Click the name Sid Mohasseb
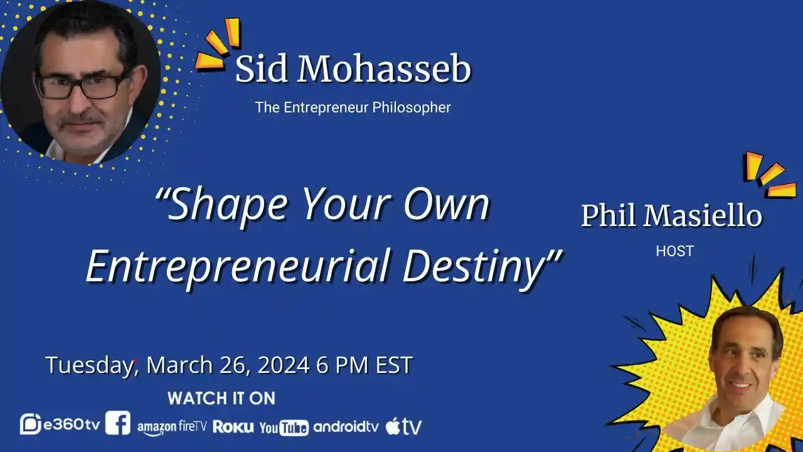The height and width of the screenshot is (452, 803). (x=353, y=70)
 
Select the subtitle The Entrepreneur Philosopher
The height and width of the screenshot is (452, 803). (x=353, y=107)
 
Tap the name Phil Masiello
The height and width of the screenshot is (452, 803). (x=671, y=217)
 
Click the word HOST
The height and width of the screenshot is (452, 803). (x=674, y=251)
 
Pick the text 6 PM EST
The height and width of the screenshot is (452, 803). (x=364, y=365)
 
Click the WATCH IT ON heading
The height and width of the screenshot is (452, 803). (x=221, y=398)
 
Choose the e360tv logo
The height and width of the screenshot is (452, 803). (x=60, y=424)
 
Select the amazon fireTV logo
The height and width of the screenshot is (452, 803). (x=172, y=427)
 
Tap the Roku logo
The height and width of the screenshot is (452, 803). (x=233, y=426)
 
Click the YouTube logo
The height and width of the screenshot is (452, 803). (x=284, y=428)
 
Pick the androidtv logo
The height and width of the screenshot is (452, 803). (x=346, y=426)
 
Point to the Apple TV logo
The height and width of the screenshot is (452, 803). (x=403, y=426)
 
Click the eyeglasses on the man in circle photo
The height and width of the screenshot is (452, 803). (x=80, y=85)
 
